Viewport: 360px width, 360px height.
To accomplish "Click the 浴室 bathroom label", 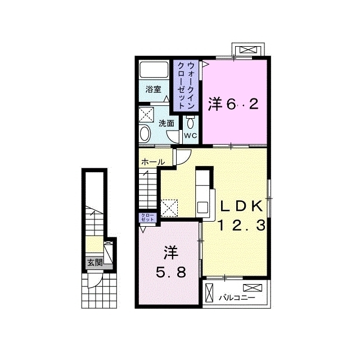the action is (153, 89).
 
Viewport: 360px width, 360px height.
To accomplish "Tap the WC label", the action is (190, 136).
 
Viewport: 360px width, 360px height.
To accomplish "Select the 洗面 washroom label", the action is (166, 124).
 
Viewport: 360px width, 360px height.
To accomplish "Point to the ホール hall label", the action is (153, 162).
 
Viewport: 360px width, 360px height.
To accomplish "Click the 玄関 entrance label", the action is (95, 262).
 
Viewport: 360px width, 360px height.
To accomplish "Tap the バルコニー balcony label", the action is (237, 298).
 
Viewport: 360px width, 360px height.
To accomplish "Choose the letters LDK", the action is (241, 206).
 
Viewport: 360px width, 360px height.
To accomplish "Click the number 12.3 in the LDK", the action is (241, 225).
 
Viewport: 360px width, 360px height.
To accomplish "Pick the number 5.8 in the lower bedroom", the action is (171, 272).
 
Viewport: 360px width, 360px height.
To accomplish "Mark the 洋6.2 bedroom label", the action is (233, 105).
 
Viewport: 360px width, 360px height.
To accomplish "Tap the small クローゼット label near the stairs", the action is (147, 217).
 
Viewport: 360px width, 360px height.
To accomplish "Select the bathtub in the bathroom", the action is (154, 70).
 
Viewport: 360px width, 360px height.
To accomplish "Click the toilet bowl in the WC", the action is (190, 123).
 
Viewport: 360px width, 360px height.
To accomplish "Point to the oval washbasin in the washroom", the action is (145, 133).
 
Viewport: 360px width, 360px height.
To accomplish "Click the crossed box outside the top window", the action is (247, 50).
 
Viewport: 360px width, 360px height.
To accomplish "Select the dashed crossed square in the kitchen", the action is (169, 208).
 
